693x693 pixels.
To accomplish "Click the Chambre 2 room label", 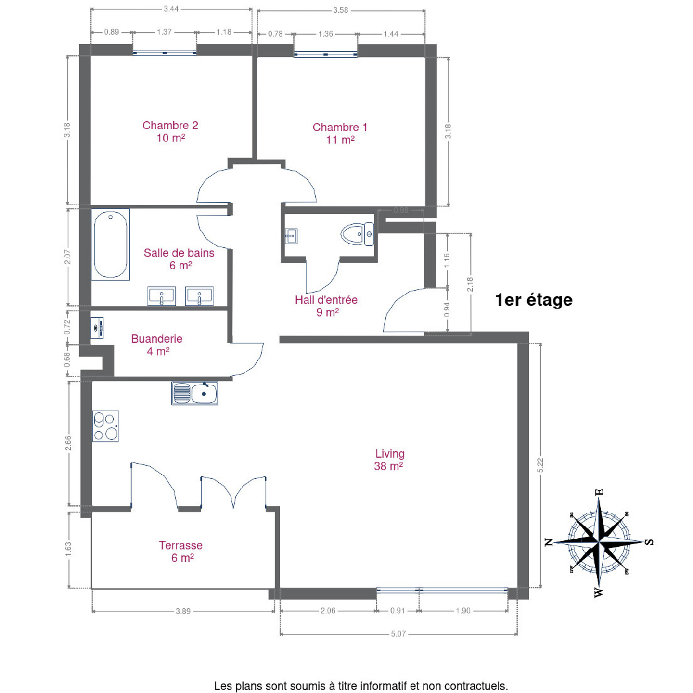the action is tap(170, 131).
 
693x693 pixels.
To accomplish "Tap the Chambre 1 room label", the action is tap(340, 133).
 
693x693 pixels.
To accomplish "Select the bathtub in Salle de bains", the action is tap(110, 244).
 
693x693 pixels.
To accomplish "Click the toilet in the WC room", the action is tap(358, 234).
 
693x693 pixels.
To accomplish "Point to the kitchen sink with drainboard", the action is tap(194, 393).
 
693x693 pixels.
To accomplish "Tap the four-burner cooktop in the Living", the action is tap(106, 426).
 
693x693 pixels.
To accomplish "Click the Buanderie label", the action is tap(157, 345).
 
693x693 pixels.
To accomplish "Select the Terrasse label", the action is tap(181, 552).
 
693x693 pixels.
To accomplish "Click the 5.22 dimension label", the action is tap(540, 465).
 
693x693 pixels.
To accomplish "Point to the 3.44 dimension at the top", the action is tap(171, 9).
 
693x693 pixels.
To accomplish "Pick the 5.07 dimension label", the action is tap(398, 633).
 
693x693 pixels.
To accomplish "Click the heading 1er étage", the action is tap(534, 300).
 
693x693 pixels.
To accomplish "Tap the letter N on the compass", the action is tap(549, 542).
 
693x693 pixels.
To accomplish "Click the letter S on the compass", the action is tap(650, 542).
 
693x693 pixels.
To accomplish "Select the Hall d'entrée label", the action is tap(326, 306).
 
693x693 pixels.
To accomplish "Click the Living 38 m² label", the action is tap(389, 460).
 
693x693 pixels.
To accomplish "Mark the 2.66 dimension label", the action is tap(68, 443).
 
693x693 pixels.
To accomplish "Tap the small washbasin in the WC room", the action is tap(291, 236).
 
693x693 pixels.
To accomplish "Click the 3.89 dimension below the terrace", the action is tap(183, 611).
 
